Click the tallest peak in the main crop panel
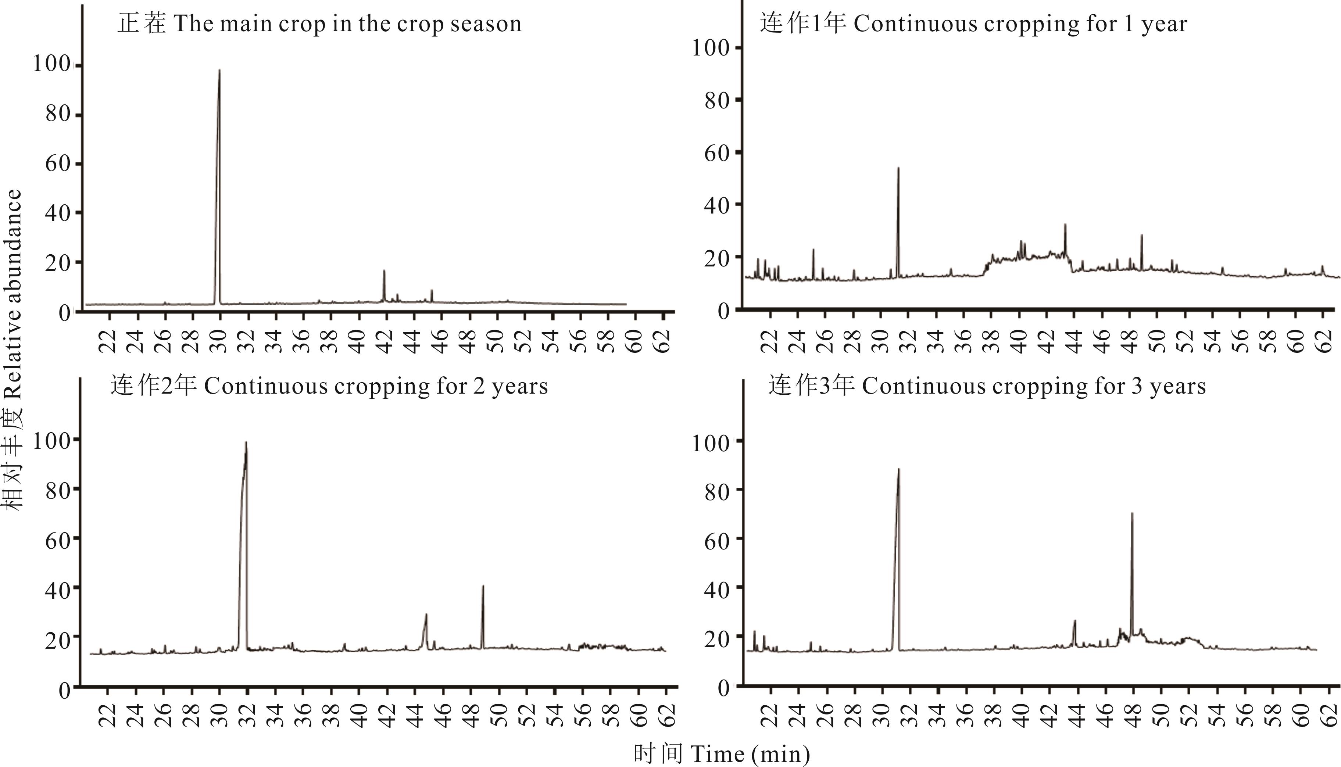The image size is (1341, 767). [x=219, y=71]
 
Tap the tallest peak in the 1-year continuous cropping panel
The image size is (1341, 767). [x=898, y=169]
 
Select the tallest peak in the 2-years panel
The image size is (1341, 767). [x=246, y=443]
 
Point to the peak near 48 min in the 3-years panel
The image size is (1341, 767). [x=1132, y=514]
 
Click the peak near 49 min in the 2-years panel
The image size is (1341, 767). [x=483, y=586]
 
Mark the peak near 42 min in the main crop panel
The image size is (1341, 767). [x=384, y=271]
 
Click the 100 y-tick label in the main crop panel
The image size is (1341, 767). [x=51, y=64]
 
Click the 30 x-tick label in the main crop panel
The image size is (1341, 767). [x=219, y=341]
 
